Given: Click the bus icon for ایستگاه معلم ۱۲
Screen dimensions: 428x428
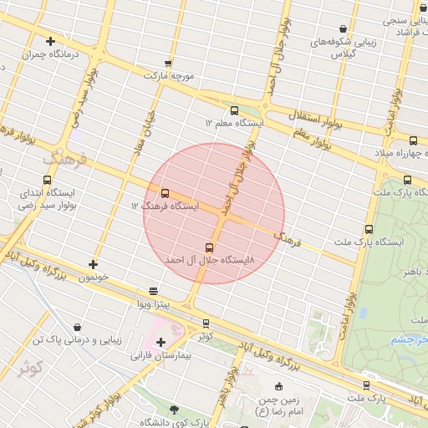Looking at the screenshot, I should [x=233, y=110].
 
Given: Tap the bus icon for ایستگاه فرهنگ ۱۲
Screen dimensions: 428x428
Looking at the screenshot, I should [x=164, y=193].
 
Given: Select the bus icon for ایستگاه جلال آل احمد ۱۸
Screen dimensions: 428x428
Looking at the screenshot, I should [x=209, y=247].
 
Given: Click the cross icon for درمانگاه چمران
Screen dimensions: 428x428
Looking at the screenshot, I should [x=51, y=40].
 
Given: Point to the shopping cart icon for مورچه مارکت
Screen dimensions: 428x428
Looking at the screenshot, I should [x=168, y=63].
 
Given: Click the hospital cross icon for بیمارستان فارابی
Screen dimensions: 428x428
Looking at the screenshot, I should [x=160, y=342].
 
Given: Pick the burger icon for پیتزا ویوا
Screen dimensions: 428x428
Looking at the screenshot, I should [x=153, y=291].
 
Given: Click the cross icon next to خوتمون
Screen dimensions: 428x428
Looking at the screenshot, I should [x=93, y=264].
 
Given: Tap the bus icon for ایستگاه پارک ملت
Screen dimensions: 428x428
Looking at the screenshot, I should [x=369, y=229].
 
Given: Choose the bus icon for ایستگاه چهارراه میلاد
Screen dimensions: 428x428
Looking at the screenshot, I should [x=413, y=140].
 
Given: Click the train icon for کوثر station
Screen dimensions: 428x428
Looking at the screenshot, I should [x=206, y=324].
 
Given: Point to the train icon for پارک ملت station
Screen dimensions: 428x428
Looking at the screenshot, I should [x=366, y=385].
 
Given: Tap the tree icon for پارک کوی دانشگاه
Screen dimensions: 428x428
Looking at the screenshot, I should [x=174, y=409].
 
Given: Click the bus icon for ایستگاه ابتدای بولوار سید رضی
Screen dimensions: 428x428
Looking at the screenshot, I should [x=46, y=179].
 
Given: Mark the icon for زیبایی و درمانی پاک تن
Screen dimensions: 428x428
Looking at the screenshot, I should [x=78, y=327].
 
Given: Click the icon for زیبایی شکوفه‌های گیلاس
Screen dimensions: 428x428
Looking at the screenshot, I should [x=343, y=29].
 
